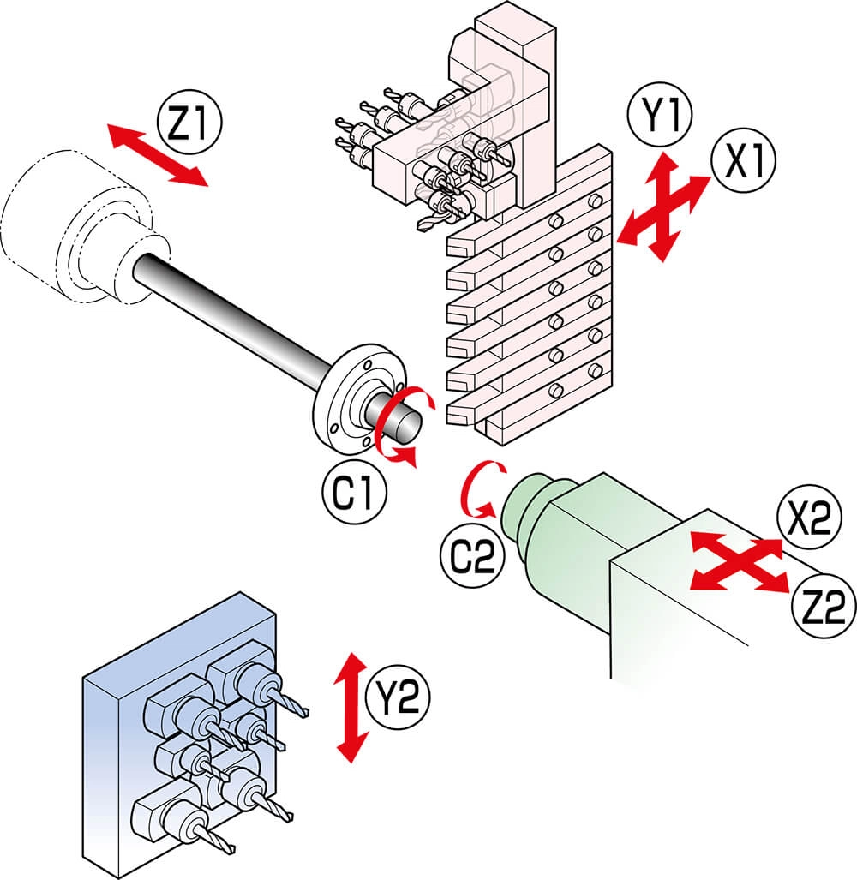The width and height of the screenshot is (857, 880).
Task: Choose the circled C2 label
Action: (x=473, y=555)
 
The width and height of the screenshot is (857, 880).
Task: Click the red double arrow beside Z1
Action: (x=159, y=155)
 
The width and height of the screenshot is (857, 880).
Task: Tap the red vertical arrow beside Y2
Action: (x=351, y=707)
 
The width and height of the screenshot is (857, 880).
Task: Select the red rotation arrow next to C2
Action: (x=475, y=490)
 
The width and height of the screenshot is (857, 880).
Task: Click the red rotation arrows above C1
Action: (x=401, y=427)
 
